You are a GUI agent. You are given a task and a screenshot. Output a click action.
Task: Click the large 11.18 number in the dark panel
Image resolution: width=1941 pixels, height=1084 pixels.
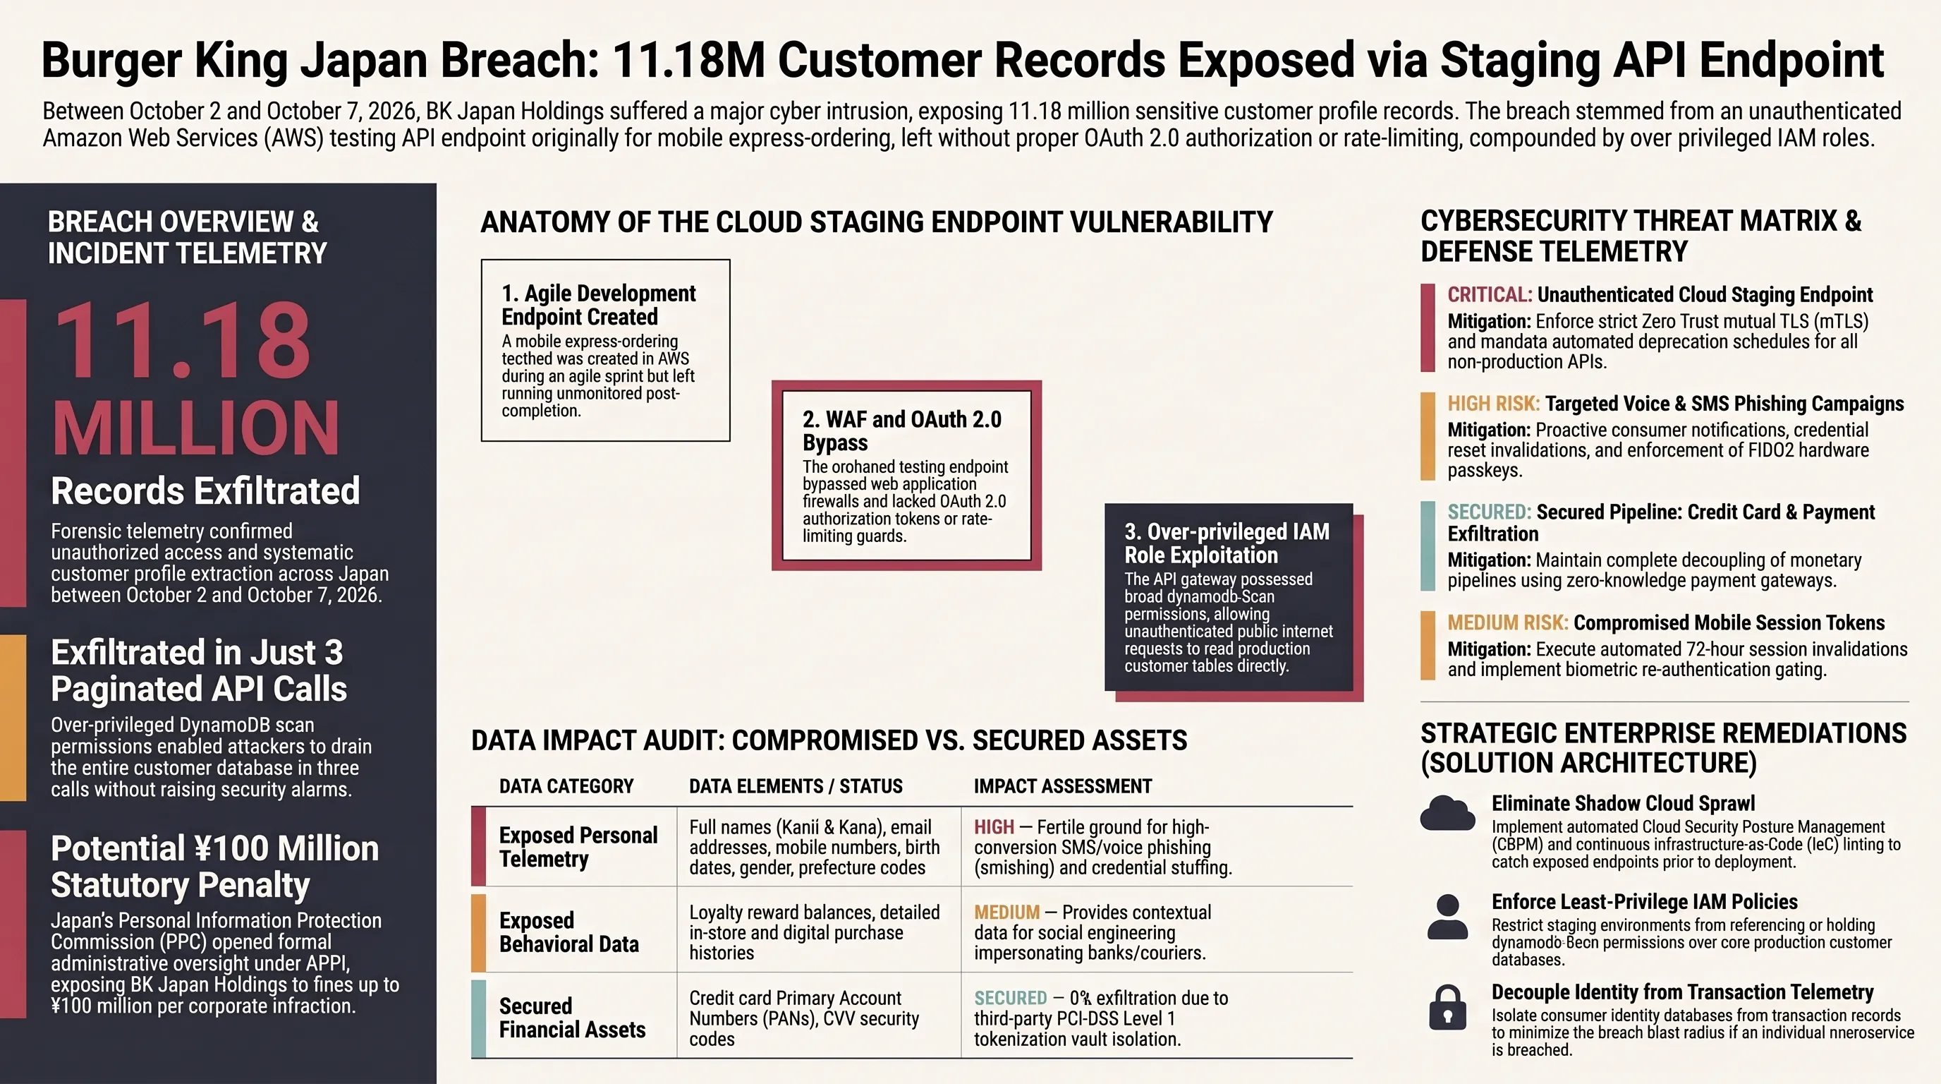tap(183, 341)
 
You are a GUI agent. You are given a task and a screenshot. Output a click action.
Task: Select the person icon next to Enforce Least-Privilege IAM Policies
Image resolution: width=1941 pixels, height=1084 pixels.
tap(1447, 916)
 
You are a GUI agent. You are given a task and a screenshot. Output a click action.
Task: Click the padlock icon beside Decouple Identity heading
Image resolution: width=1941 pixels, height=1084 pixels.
tap(1447, 1007)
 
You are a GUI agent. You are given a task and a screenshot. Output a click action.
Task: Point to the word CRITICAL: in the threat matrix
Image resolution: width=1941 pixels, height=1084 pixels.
tap(1490, 295)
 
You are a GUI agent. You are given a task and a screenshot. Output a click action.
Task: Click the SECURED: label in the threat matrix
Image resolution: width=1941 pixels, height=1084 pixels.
tap(1489, 512)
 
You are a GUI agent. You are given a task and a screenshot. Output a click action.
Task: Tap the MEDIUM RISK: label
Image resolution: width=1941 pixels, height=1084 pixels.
tap(1508, 622)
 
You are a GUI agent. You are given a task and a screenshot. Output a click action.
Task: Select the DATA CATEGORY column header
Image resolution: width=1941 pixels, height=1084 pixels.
tap(566, 786)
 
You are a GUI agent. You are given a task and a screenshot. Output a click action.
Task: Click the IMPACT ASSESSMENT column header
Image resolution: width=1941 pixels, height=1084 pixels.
tap(1062, 786)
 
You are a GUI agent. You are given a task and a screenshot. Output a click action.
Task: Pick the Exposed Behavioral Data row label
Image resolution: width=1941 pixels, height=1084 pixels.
tap(569, 932)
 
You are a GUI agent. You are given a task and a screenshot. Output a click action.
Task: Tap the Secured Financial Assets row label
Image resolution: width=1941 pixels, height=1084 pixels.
tap(572, 1018)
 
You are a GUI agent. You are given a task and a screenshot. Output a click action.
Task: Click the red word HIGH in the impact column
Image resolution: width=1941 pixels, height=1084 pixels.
tap(994, 827)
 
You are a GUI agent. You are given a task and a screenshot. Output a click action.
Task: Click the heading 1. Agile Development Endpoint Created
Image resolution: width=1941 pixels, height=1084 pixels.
tap(598, 305)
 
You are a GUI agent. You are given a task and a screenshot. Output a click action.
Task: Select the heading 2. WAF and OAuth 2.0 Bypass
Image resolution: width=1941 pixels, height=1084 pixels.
tap(902, 430)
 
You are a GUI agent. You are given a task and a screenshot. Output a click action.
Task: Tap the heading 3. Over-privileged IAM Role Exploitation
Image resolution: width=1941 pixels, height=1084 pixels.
tap(1227, 543)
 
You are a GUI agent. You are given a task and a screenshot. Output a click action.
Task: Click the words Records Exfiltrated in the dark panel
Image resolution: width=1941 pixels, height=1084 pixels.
tap(205, 490)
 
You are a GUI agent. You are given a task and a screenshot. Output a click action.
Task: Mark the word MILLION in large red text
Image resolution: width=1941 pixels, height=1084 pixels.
tap(196, 428)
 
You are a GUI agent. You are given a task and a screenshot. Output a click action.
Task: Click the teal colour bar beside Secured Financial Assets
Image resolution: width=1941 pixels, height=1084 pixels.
tap(478, 1018)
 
